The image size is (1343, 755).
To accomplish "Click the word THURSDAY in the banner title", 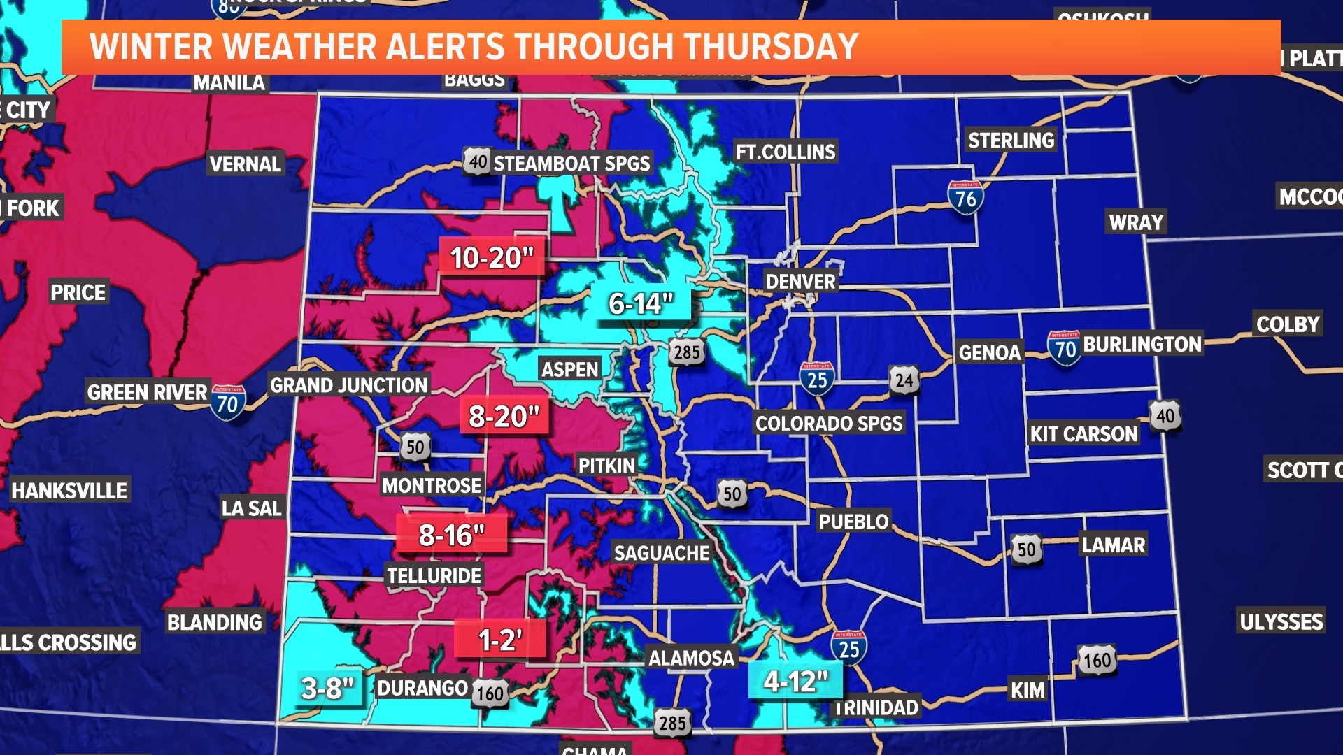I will [x=770, y=47].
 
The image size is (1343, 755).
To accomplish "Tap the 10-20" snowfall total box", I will [x=492, y=258].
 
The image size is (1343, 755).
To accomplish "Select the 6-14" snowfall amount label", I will [x=641, y=304].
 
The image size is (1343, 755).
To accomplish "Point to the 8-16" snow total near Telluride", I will [x=451, y=535].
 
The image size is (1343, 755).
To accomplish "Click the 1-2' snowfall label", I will [x=499, y=640].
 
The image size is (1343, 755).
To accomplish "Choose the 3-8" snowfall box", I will [x=327, y=689].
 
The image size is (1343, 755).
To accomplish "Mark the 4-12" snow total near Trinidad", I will [x=795, y=681].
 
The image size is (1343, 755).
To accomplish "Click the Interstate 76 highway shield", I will [x=965, y=198].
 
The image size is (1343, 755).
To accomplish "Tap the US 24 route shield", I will [x=904, y=380].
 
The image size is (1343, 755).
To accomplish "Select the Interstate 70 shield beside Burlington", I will [x=1064, y=347].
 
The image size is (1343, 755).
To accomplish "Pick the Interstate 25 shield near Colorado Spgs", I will [x=816, y=379].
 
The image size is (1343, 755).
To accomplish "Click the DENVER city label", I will [x=800, y=282].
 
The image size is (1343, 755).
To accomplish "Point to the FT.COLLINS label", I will [x=786, y=152].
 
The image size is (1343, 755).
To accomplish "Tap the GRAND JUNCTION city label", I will [x=348, y=385].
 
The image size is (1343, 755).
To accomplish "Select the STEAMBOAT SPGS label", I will [x=571, y=164].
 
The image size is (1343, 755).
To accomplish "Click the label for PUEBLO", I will [x=853, y=522].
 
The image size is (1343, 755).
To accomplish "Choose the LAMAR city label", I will [x=1114, y=545].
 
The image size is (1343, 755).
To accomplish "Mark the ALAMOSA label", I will [x=691, y=658].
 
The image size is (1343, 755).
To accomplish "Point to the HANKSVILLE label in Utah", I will [x=69, y=491].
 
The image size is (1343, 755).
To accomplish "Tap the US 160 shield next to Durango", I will [x=490, y=693].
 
